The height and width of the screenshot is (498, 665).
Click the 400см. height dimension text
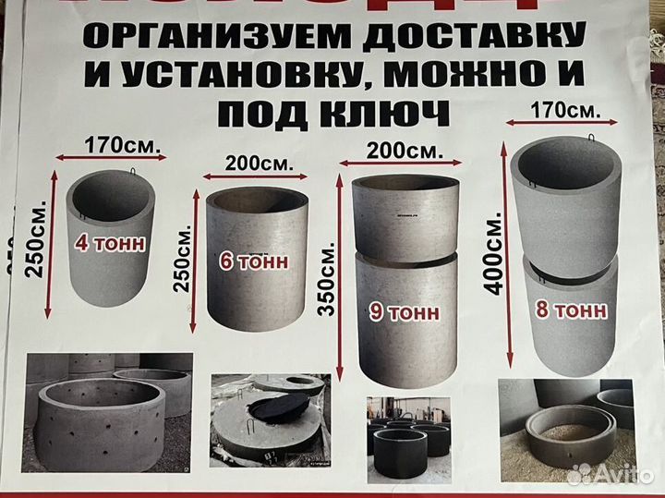[x=495, y=255]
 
